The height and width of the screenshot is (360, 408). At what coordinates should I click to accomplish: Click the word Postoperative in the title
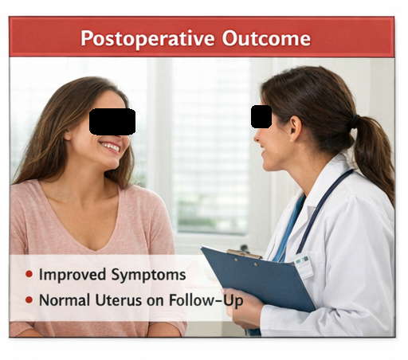(147, 39)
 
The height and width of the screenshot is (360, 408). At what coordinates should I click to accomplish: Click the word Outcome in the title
(266, 38)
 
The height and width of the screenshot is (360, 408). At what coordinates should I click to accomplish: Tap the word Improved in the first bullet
(73, 275)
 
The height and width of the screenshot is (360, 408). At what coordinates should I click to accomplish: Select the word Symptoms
(148, 275)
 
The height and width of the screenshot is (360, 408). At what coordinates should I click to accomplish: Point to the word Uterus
(118, 300)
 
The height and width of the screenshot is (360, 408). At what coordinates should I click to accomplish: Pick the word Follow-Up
(206, 301)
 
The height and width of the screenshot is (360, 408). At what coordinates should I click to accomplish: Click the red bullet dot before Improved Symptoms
(29, 274)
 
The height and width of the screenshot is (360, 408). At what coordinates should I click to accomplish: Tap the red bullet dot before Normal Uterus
(29, 300)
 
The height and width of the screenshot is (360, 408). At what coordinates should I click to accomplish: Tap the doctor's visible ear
(295, 129)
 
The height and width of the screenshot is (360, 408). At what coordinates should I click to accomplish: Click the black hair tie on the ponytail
(355, 121)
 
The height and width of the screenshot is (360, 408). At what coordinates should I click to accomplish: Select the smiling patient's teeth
(110, 147)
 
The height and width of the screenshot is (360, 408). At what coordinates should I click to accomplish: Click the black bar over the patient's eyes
(112, 121)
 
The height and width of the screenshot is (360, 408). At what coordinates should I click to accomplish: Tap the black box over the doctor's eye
(261, 116)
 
